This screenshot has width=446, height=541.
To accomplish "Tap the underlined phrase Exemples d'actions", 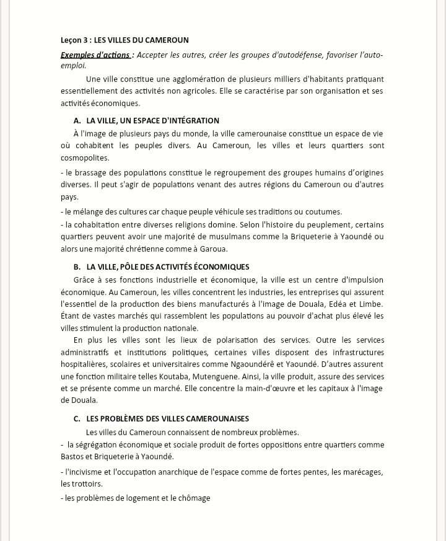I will coord(95,55).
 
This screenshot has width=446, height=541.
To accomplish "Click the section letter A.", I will coord(77,120).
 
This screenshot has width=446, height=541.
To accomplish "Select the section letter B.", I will coord(77,266).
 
